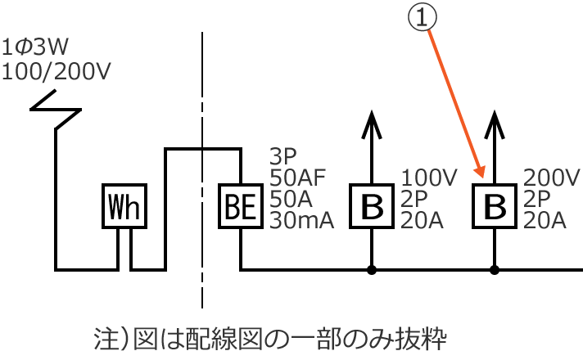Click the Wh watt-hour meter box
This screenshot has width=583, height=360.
[x=124, y=206]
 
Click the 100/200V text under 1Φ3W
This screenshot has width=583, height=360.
[x=55, y=71]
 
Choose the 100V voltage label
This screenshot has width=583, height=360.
[x=432, y=178]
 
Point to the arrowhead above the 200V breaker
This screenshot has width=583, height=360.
[x=495, y=124]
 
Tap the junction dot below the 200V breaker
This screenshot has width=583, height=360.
[x=495, y=269]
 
